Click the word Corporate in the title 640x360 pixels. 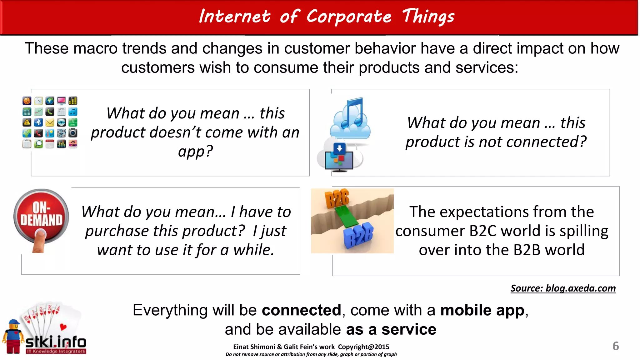point(348,16)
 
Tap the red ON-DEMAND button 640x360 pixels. point(41,214)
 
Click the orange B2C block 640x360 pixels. point(337,198)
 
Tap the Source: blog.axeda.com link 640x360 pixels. point(563,288)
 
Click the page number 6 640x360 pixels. point(615,346)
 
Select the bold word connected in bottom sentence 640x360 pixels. point(301,310)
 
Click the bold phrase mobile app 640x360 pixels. point(482,310)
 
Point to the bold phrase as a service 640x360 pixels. point(391,329)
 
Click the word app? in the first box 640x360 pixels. point(196,152)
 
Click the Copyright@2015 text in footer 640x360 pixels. point(363,347)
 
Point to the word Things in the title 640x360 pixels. point(428,16)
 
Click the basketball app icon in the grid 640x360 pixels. point(27,101)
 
